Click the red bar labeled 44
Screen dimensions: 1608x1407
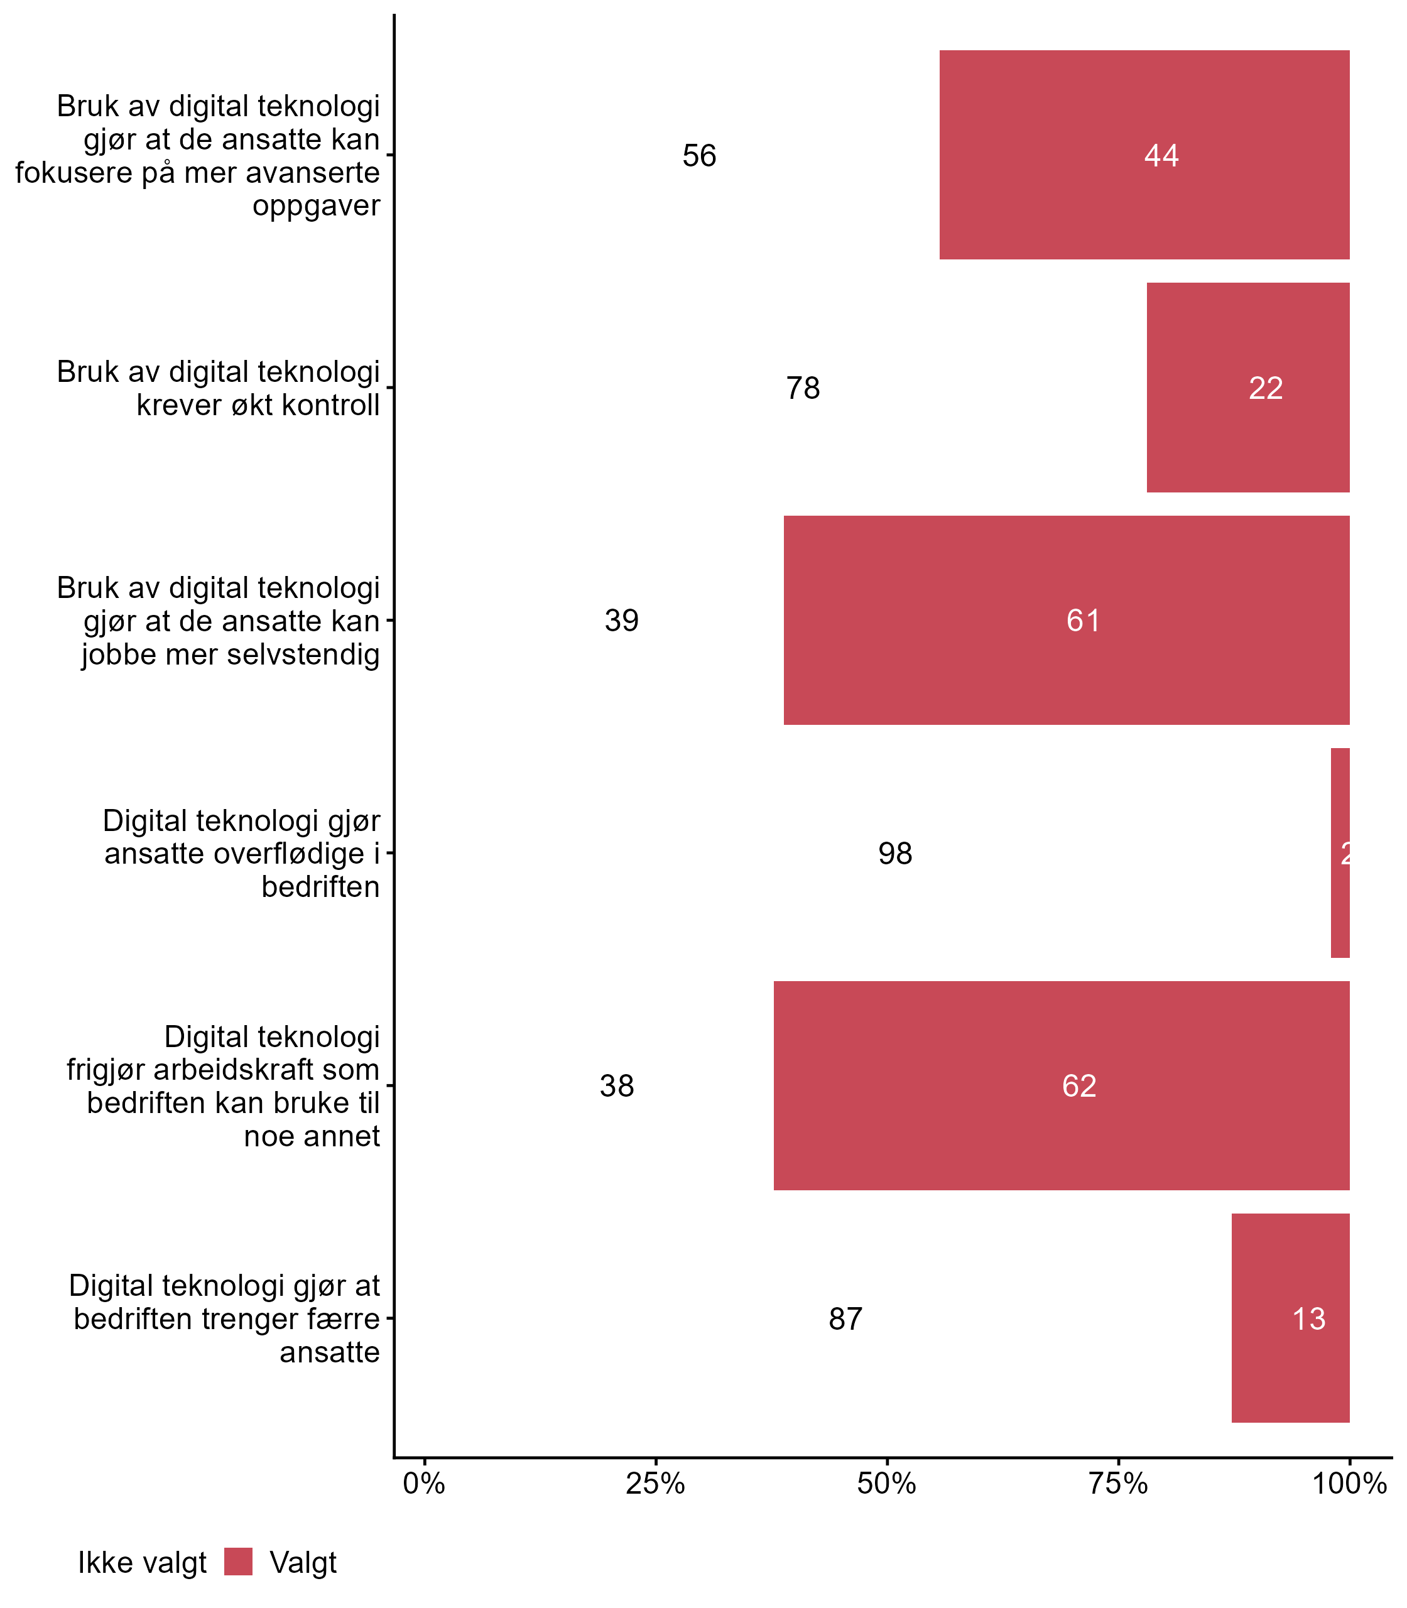click(1144, 155)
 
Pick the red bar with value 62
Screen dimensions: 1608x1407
click(1062, 1086)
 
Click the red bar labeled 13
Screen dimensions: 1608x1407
click(1290, 1318)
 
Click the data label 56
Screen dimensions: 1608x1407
click(698, 156)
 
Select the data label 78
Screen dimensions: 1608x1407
click(803, 388)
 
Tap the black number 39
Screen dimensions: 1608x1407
click(621, 621)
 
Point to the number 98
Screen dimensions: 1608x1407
click(894, 854)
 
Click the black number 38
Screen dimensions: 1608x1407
click(616, 1086)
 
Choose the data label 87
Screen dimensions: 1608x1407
click(845, 1319)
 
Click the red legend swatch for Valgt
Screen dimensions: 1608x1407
click(238, 1562)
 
